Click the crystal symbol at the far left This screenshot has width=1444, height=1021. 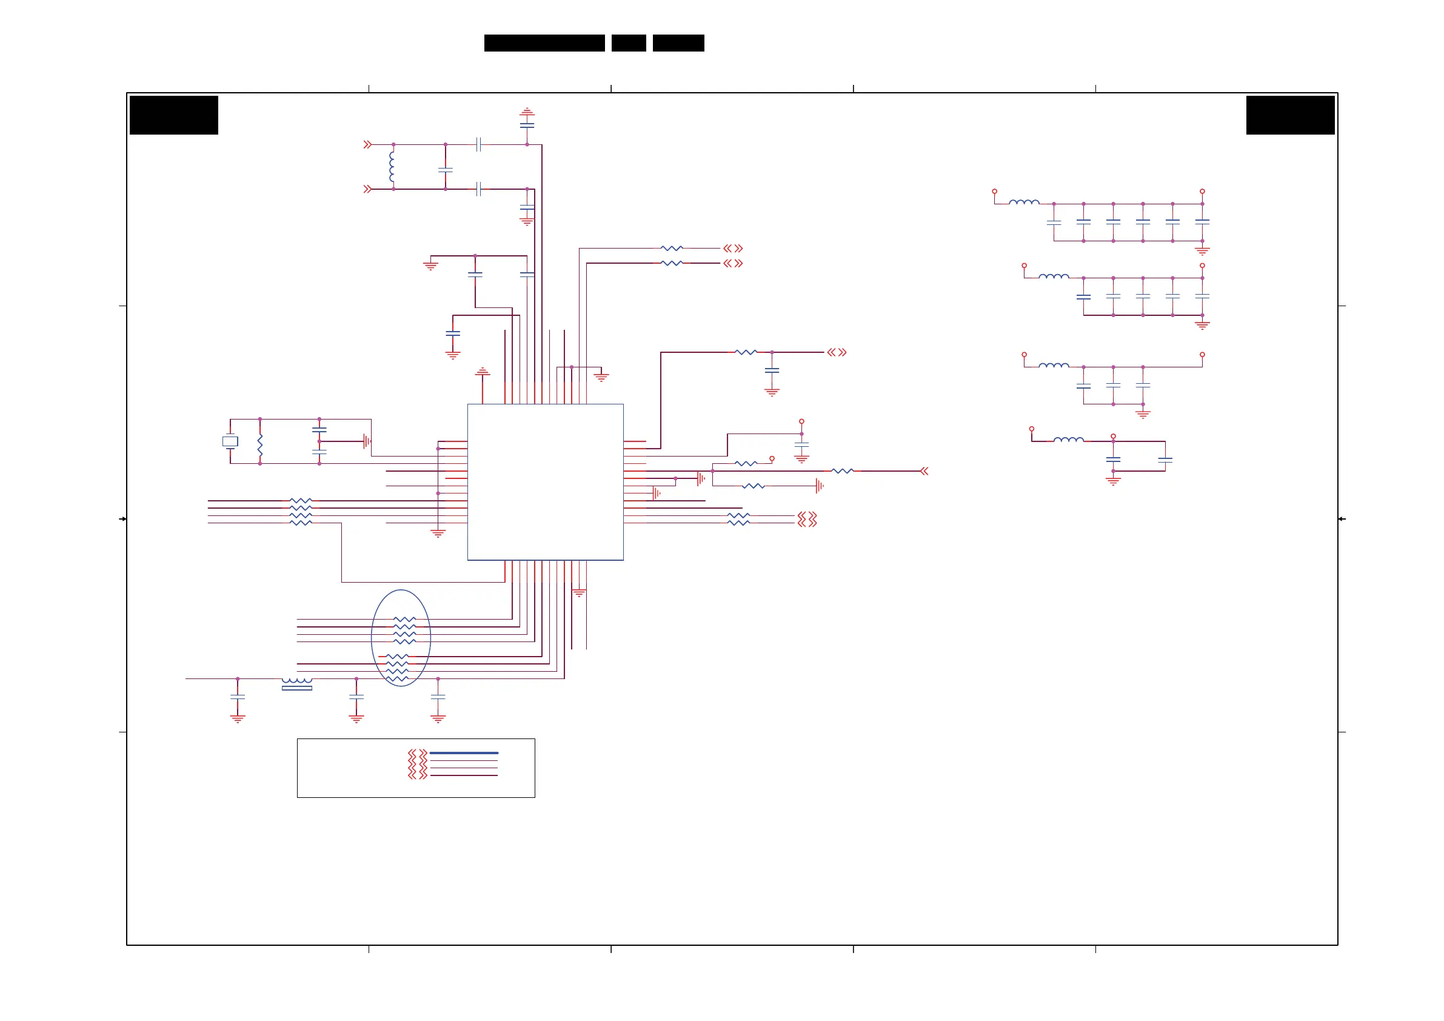(230, 441)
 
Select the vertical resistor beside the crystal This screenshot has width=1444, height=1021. (259, 444)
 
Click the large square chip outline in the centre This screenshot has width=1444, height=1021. (545, 482)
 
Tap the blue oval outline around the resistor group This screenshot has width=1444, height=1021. (372, 637)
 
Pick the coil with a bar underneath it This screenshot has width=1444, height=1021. (297, 683)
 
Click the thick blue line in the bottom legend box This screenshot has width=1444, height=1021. (464, 753)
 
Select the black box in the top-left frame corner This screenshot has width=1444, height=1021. (173, 115)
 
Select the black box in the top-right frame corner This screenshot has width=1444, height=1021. (1290, 115)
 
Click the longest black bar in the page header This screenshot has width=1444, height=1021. (544, 43)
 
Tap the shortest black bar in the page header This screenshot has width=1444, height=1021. (628, 43)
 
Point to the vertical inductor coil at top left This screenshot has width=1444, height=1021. (392, 167)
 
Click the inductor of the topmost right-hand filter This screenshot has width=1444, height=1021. (1024, 202)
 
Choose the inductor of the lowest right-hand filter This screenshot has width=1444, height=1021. (1068, 440)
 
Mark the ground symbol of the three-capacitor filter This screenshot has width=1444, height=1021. (1143, 415)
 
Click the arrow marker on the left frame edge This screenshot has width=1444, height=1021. (122, 519)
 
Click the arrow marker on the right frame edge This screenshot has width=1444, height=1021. (1342, 519)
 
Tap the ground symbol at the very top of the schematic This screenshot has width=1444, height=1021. (527, 112)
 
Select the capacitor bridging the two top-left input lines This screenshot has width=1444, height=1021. (446, 170)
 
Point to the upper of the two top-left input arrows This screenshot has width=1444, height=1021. (367, 145)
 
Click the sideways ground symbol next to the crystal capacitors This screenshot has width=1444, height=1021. (367, 441)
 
